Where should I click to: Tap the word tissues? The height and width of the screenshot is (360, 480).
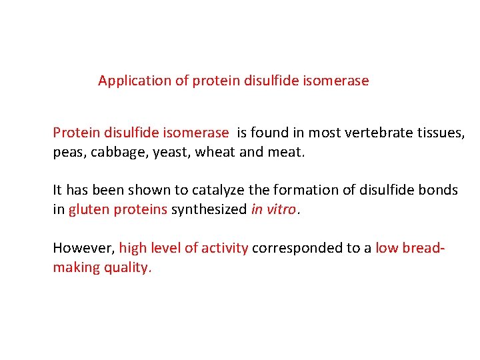pyautogui.click(x=446, y=133)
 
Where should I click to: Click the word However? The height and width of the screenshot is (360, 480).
pyautogui.click(x=83, y=248)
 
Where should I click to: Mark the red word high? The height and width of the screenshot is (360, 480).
pyautogui.click(x=132, y=249)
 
